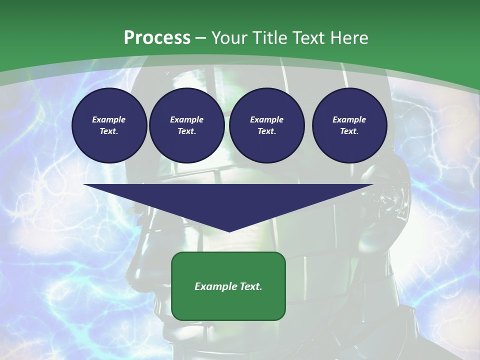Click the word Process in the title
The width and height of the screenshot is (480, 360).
coord(157,38)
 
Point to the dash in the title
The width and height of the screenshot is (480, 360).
coord(200,38)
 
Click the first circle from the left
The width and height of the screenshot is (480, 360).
coord(109,125)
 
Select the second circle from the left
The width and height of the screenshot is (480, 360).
coord(186,125)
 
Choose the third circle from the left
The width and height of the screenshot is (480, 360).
coord(266,125)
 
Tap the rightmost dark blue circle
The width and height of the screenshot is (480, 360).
coord(349,125)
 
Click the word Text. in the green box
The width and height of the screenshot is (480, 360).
coord(249,286)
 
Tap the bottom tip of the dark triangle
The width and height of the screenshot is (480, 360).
coord(229,231)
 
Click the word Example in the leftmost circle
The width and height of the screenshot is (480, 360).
coord(109,119)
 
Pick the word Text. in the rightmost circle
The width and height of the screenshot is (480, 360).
coord(349,131)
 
